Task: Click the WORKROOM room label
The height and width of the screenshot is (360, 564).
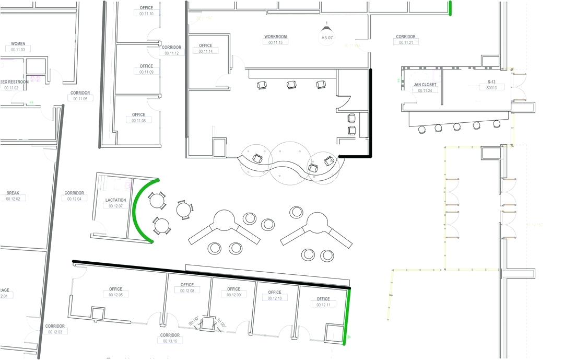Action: [x=275, y=37]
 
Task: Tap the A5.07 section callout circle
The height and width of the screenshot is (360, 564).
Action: [x=327, y=38]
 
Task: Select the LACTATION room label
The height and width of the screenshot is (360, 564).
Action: [x=115, y=200]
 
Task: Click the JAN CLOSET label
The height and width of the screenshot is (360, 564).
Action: [x=425, y=84]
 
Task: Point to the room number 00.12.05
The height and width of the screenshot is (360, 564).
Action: [x=116, y=295]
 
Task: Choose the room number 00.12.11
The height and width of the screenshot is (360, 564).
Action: [x=323, y=305]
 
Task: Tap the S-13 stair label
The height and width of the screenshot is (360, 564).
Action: [x=491, y=82]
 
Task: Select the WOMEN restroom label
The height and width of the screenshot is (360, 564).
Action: [x=18, y=43]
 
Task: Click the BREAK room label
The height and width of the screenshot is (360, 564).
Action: [x=13, y=193]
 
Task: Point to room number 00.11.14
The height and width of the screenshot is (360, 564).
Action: [x=206, y=51]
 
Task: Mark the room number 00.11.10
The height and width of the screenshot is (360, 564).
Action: [x=147, y=14]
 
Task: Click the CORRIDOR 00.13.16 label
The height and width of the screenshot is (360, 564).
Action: [x=170, y=341]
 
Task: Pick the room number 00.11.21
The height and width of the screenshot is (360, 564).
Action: [x=406, y=42]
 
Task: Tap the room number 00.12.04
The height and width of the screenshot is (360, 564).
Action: [x=74, y=199]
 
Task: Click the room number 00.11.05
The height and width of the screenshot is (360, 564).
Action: [x=80, y=98]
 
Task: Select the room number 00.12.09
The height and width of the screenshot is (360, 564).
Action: [x=233, y=295]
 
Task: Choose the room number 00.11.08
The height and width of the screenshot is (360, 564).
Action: [x=139, y=120]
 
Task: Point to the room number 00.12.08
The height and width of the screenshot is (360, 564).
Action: [x=187, y=291]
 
